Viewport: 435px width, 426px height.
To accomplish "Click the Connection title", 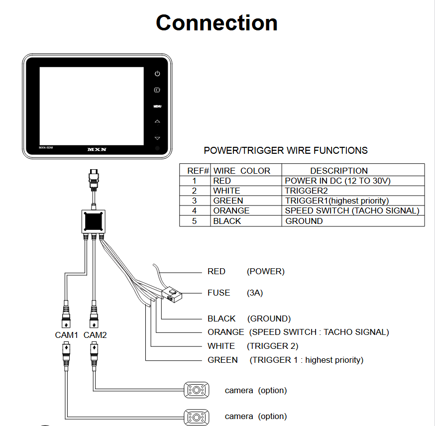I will pos(217,23).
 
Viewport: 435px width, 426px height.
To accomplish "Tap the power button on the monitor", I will pos(157,74).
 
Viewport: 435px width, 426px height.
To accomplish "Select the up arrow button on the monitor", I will pos(157,121).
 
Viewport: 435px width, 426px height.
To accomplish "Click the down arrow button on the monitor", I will pos(157,138).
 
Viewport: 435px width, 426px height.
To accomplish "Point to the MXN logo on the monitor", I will pos(98,149).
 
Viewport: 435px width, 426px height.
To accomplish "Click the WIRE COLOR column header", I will pos(242,171).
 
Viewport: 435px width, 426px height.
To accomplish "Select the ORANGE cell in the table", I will pos(231,211).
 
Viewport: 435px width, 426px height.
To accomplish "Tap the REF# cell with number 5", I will pos(194,221).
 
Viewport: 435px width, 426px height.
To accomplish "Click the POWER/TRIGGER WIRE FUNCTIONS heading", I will pos(286,150).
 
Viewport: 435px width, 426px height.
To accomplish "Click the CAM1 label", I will pos(67,335).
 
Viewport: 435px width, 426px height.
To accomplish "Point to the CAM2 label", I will pos(95,335).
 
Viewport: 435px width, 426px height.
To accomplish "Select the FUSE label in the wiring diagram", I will pos(219,293).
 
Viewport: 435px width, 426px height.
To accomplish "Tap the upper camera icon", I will pos(197,390).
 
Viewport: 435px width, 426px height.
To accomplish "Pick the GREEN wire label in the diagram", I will pos(222,360).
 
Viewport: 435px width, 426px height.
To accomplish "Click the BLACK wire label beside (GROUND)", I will pos(221,319).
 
